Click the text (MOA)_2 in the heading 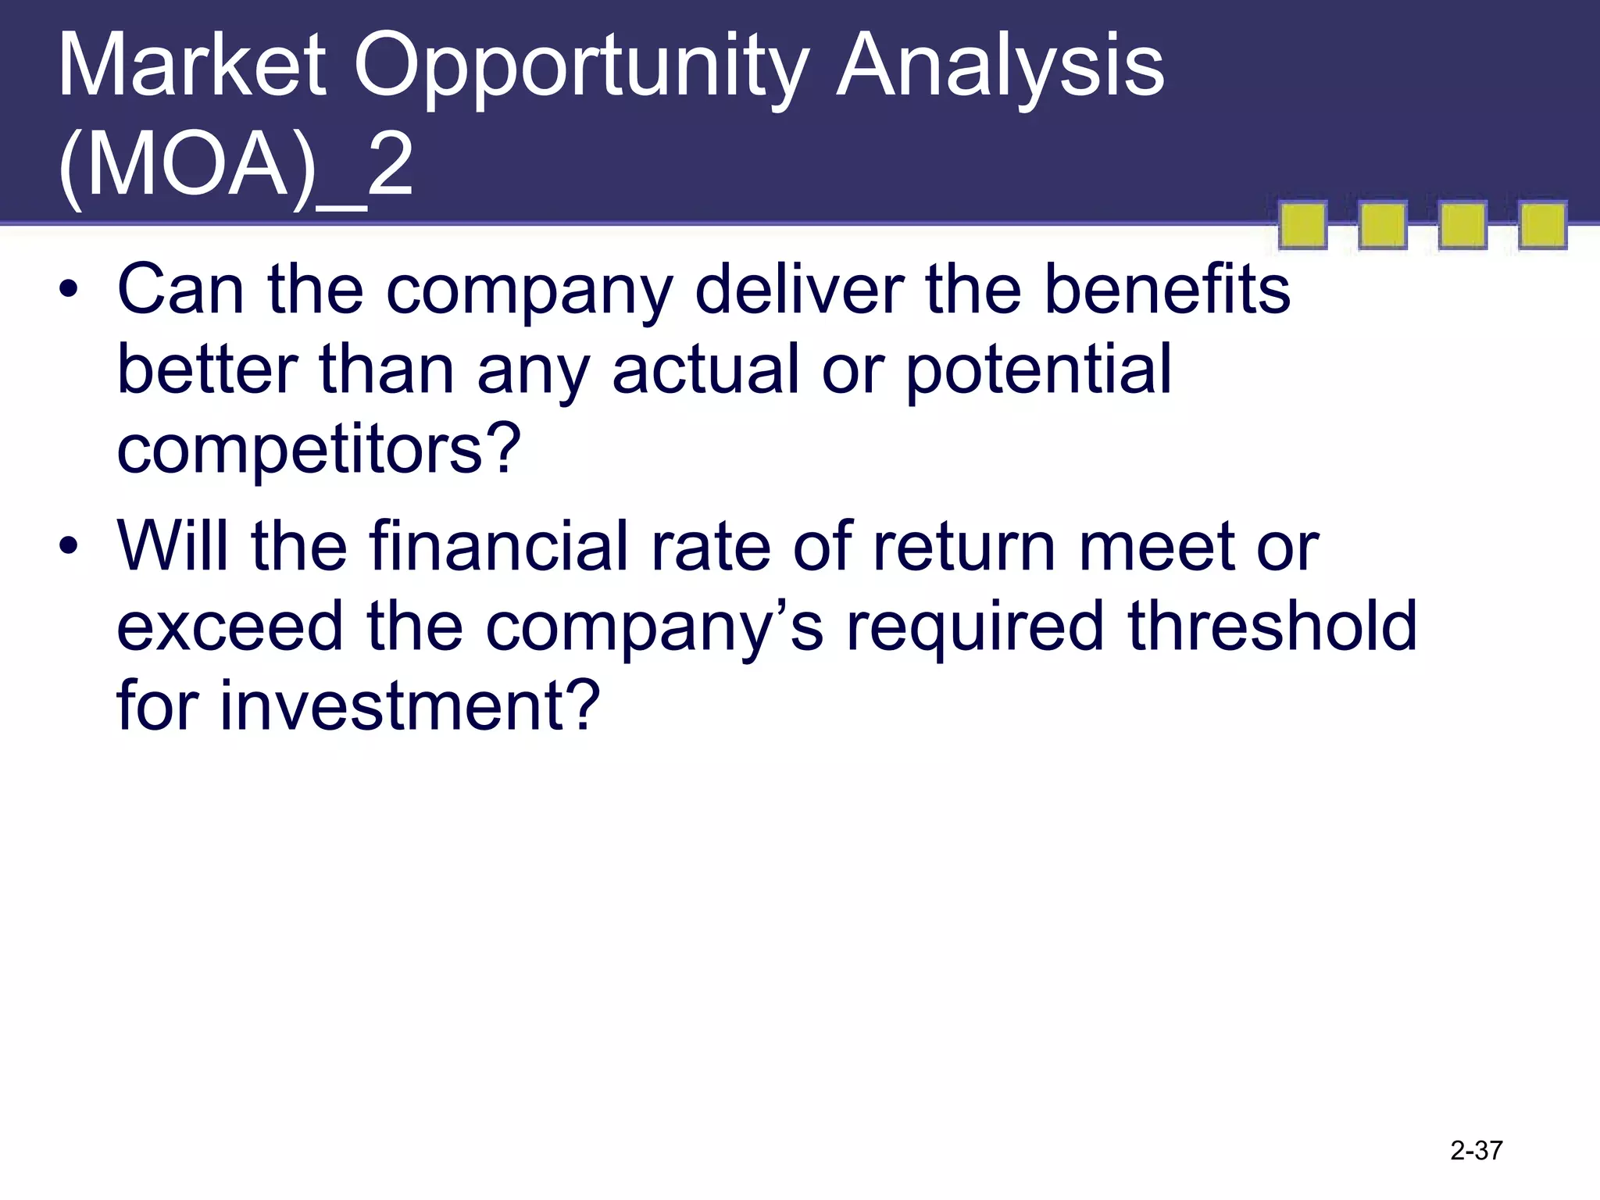(234, 166)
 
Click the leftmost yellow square (1302, 226)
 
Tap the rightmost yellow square (1542, 226)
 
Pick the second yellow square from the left (1382, 226)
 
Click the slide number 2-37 (1476, 1151)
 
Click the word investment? (409, 705)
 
